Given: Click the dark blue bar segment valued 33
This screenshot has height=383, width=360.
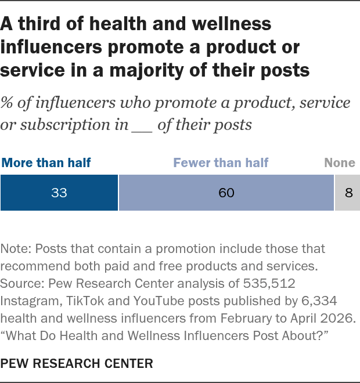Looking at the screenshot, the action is (x=59, y=193).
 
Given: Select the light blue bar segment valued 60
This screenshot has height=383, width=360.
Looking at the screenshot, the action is (x=226, y=193).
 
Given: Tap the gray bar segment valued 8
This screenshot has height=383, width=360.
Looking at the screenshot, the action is (x=347, y=193).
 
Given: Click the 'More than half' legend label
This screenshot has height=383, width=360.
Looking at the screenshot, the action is (x=46, y=162).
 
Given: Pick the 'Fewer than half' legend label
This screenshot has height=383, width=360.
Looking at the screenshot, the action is (x=221, y=162).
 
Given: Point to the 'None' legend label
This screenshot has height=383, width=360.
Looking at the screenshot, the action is (x=340, y=162).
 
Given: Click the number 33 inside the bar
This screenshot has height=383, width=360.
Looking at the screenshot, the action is (x=59, y=193).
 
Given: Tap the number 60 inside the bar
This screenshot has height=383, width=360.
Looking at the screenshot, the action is (x=226, y=193).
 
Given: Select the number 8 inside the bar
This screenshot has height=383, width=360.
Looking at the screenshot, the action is (x=349, y=193).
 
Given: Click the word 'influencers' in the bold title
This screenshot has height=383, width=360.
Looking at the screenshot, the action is (x=51, y=47).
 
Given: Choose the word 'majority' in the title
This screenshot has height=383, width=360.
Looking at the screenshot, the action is (x=146, y=71).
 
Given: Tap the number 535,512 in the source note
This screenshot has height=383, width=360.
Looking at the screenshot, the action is (x=269, y=284).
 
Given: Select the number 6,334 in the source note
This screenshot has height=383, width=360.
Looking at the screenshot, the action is (x=319, y=301).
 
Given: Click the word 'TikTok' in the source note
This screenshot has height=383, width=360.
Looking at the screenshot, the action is (x=85, y=301).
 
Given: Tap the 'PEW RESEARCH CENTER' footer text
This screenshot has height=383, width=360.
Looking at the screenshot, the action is (x=77, y=363).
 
